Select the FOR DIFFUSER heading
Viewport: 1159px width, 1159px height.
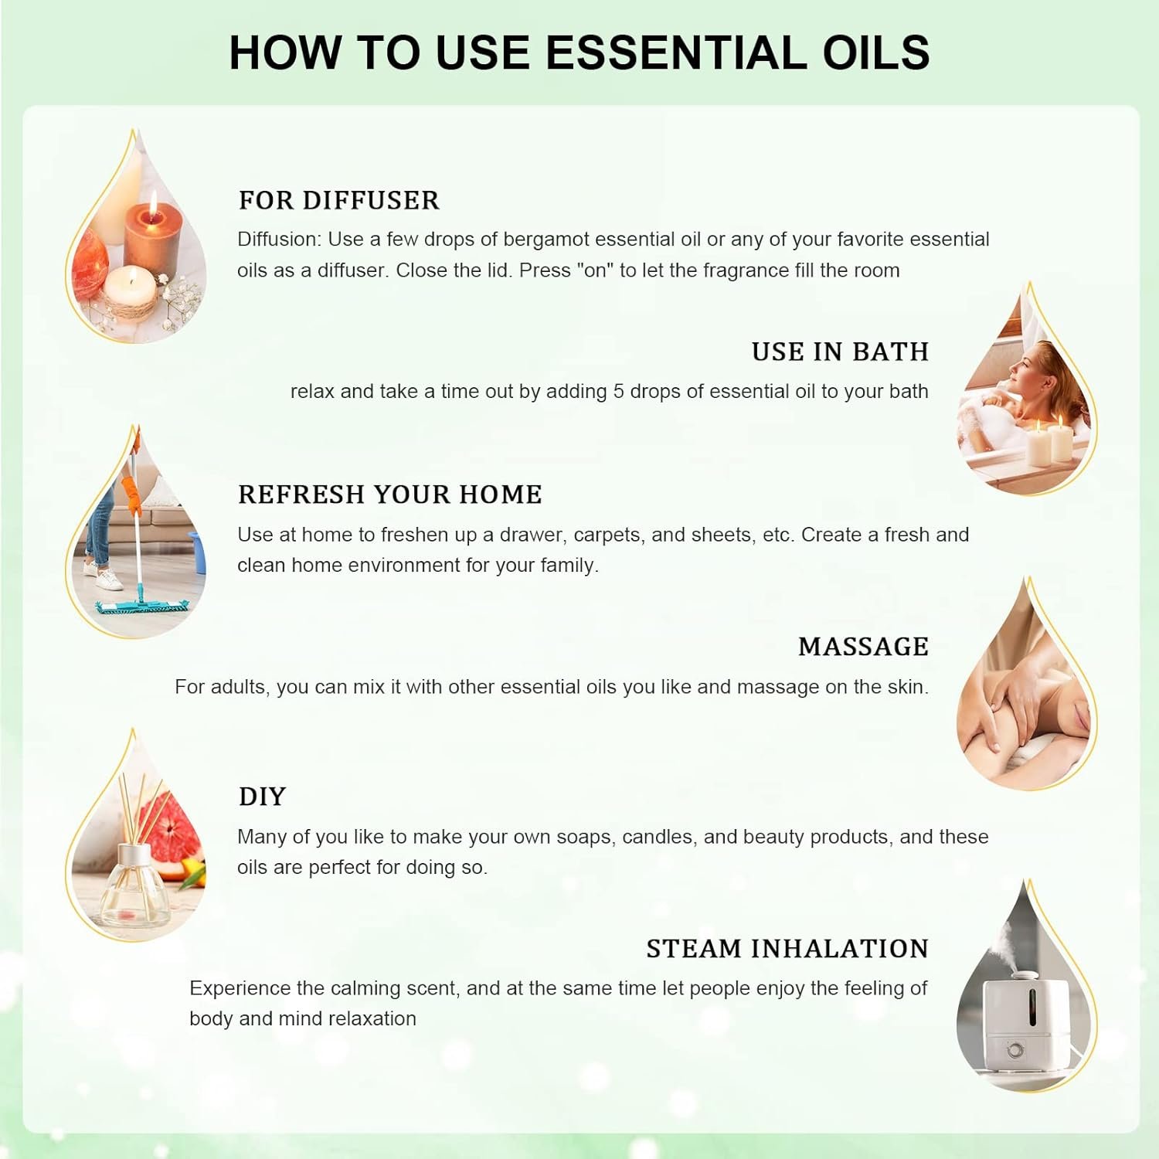click(338, 200)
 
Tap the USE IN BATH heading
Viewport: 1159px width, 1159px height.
click(840, 352)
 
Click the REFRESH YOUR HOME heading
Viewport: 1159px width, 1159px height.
click(390, 495)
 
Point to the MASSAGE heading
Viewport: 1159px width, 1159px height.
click(863, 647)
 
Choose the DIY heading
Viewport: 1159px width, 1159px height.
click(262, 797)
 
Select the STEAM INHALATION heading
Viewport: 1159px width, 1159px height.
click(787, 949)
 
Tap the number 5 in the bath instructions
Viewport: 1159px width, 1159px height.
click(618, 392)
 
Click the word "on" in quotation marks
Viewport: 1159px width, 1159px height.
click(595, 270)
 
